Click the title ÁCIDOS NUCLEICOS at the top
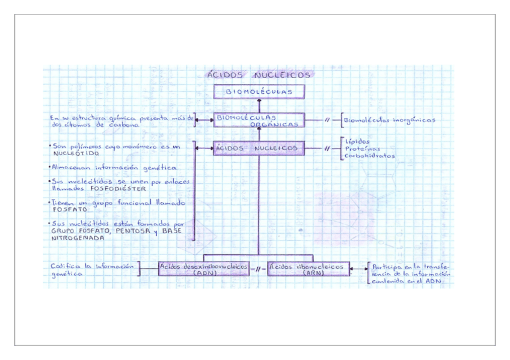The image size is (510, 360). [259, 75]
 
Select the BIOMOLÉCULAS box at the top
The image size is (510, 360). [259, 92]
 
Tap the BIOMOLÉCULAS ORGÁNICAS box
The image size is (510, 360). [259, 120]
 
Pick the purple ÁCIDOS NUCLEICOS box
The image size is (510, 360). [259, 148]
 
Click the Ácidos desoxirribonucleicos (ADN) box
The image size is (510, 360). [204, 269]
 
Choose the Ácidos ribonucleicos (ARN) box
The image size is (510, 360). [308, 269]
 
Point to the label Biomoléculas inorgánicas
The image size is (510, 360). [390, 120]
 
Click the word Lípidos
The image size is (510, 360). [358, 141]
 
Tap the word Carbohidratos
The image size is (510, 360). [370, 156]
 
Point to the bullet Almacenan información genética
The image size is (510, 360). [113, 167]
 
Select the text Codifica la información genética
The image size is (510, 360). [91, 269]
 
